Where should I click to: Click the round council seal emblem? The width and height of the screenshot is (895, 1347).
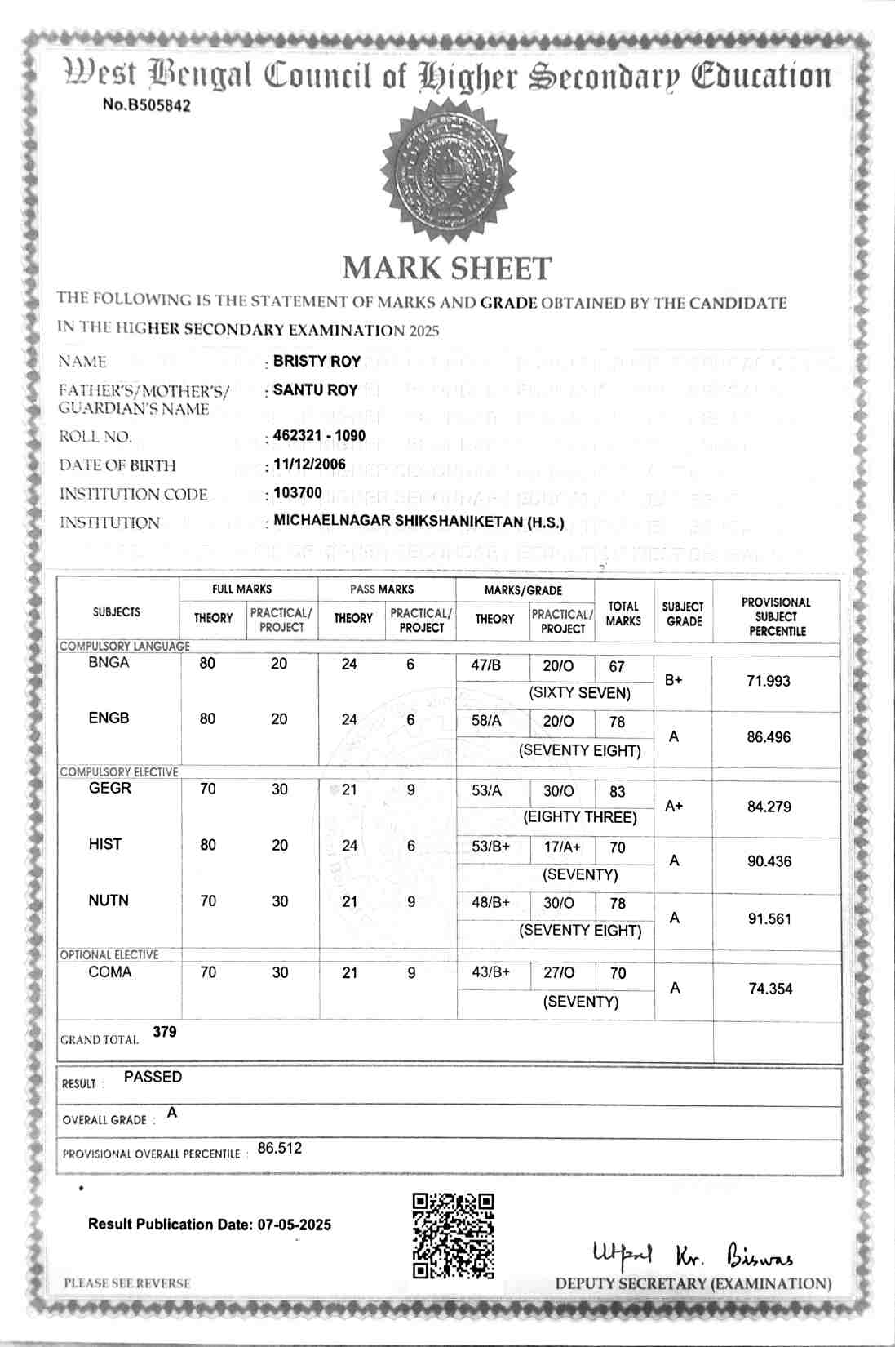448,173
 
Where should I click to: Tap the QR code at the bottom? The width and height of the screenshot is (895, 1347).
453,1236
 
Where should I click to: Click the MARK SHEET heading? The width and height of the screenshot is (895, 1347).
447,268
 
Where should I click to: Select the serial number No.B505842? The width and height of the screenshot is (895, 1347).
147,105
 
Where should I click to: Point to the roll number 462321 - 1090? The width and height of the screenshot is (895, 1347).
319,436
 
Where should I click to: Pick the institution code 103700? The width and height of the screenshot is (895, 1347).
298,493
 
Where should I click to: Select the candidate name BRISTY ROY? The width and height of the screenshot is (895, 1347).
317,361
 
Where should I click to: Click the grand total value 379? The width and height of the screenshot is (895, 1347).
165,1032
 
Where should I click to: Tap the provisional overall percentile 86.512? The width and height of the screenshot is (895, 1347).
280,1148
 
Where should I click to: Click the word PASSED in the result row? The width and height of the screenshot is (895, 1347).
153,1077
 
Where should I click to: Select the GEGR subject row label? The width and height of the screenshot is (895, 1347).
109,789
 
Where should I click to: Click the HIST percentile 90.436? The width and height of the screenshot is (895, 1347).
769,861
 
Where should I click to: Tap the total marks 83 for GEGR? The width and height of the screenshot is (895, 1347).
617,791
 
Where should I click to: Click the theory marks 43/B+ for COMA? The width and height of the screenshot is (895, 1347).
490,973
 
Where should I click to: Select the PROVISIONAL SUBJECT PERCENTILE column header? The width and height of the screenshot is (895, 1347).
776,616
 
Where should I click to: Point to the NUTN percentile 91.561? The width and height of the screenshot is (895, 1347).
769,918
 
